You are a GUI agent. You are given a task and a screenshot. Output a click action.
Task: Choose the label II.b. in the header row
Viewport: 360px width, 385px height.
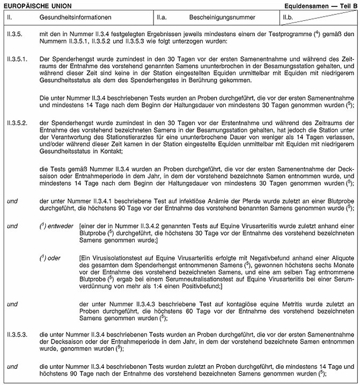click(290, 18)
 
